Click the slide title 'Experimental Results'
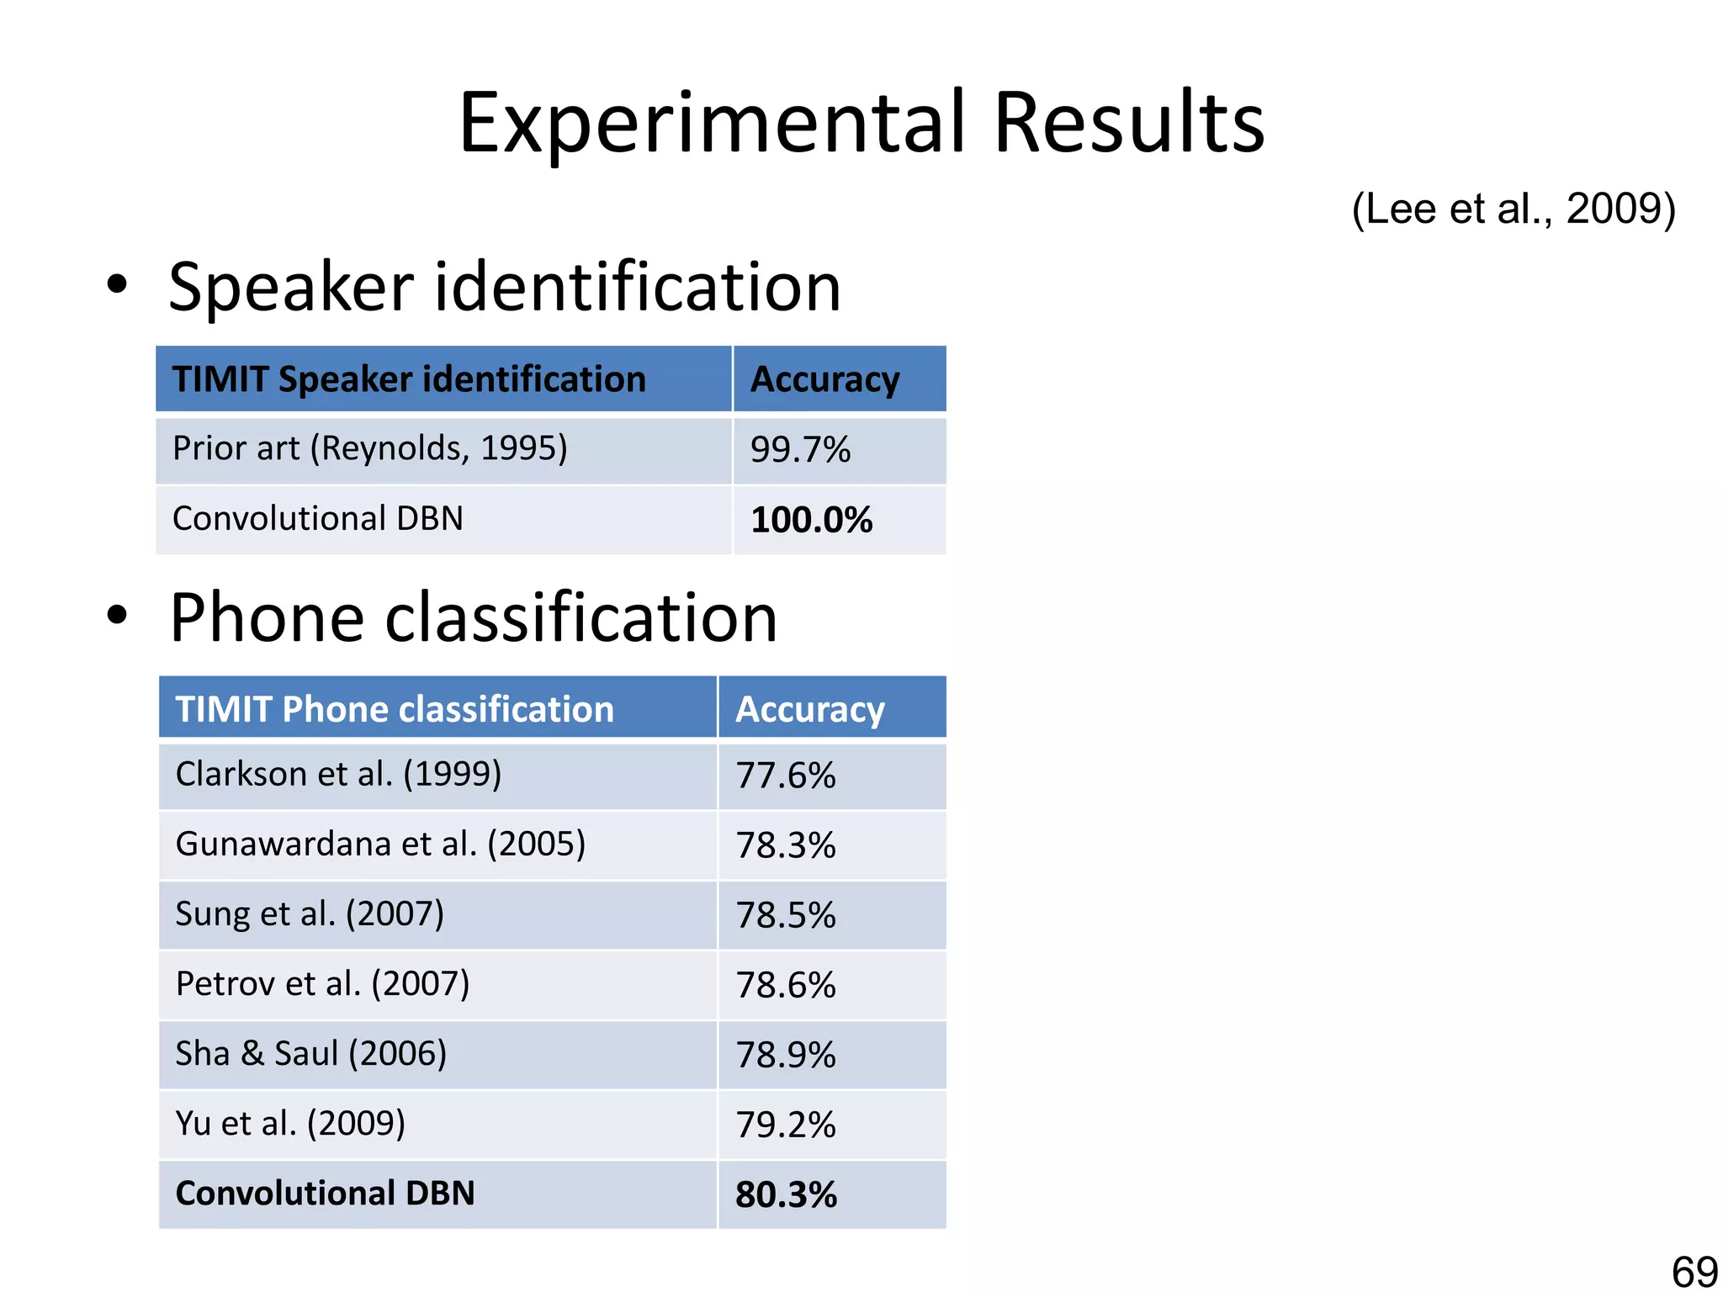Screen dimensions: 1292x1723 point(861,123)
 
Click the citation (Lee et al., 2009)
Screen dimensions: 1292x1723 point(1513,208)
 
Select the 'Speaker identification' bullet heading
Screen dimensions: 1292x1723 point(504,287)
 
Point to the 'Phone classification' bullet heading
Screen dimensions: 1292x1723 point(473,617)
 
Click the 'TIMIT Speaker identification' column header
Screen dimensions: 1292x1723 point(409,379)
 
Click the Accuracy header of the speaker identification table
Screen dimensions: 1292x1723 point(824,379)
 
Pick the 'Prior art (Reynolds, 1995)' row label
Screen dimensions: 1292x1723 point(370,448)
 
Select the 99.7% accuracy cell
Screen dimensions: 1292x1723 point(800,450)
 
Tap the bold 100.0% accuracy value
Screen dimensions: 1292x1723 point(811,520)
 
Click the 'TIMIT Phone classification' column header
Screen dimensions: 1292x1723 point(395,709)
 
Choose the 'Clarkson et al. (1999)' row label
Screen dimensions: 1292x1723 point(338,774)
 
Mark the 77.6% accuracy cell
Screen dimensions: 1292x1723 point(786,776)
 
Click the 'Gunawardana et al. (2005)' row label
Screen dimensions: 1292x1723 point(380,844)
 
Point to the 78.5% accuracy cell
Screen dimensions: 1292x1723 point(786,915)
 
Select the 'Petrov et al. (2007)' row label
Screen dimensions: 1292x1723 point(322,983)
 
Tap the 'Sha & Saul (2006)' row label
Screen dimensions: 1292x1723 point(310,1053)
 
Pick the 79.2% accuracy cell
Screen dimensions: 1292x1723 point(786,1125)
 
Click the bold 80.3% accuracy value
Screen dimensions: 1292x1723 point(786,1194)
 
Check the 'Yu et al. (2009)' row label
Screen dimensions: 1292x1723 point(290,1123)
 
